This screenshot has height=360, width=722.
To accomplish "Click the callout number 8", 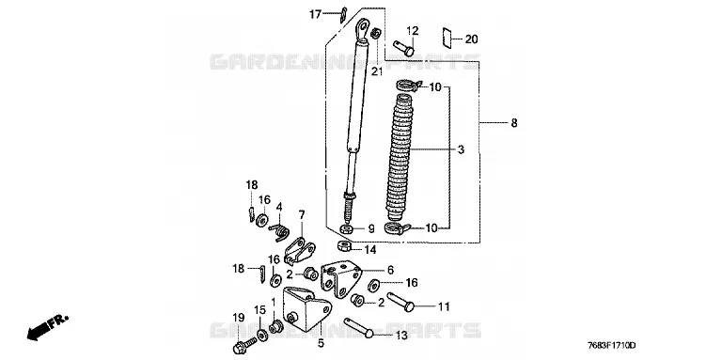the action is (x=514, y=123).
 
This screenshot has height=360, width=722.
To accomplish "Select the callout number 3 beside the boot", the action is (x=461, y=149).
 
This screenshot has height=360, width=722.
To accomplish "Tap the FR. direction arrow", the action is (x=48, y=327).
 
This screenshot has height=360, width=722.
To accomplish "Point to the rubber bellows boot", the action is (x=400, y=158).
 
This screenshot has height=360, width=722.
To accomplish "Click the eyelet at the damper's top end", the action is (x=363, y=28).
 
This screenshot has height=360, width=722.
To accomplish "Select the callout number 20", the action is (x=471, y=39).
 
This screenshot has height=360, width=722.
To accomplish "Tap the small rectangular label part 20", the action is (x=447, y=37).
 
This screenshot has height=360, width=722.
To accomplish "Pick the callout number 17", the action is (x=315, y=14).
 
